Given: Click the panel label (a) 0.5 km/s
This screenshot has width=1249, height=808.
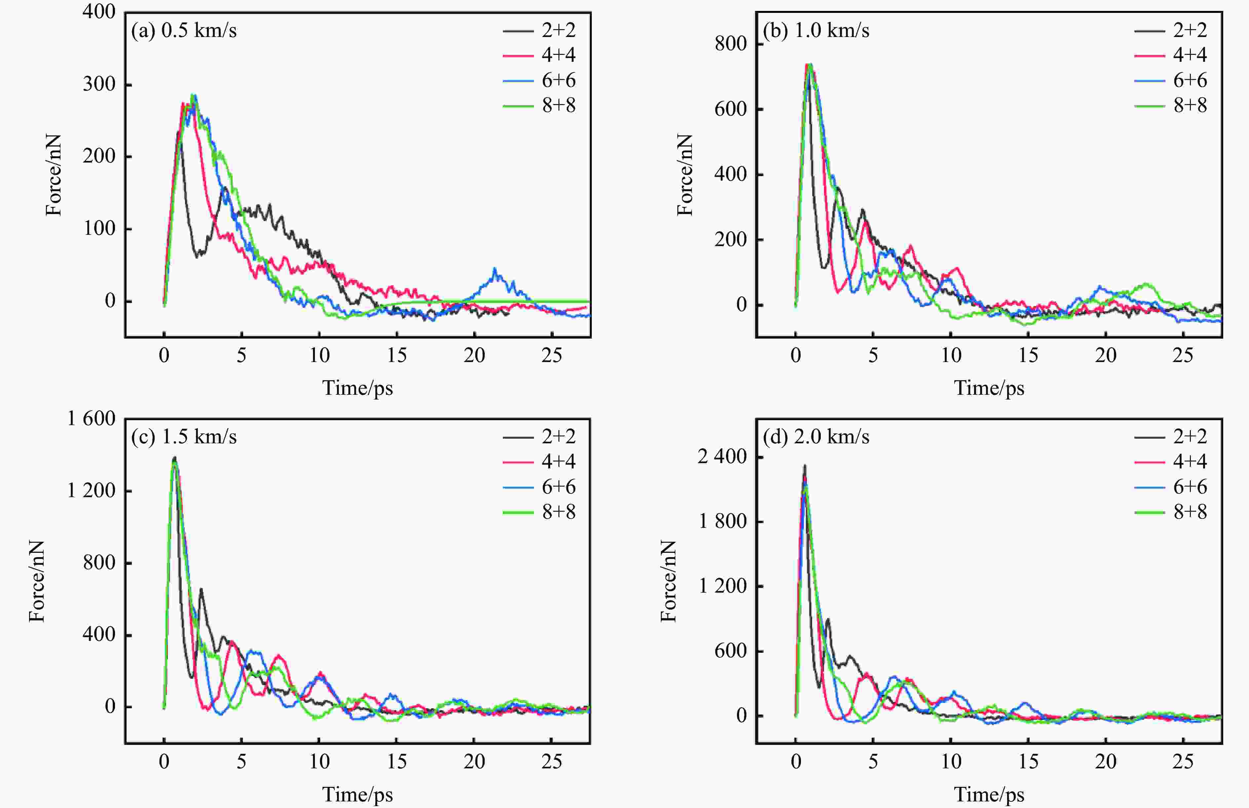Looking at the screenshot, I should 184,30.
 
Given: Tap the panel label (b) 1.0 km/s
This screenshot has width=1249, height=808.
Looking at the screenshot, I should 816,30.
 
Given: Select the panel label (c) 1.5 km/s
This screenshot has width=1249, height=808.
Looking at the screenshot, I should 184,436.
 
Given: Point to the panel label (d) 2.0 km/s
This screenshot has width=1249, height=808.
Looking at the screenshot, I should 816,436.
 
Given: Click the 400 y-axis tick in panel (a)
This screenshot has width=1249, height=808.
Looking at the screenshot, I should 99,12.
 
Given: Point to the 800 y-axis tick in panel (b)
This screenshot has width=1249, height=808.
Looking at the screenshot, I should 731,44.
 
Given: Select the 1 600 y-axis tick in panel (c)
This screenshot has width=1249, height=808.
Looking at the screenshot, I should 91,419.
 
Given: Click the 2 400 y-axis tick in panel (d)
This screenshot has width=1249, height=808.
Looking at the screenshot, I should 722,457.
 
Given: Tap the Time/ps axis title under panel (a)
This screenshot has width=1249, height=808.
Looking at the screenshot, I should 358,388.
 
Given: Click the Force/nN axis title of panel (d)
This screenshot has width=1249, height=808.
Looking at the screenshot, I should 668,581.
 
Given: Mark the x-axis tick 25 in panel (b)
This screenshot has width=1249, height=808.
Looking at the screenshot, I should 1183,356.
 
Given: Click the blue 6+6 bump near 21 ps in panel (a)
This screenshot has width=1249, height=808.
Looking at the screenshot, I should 495,272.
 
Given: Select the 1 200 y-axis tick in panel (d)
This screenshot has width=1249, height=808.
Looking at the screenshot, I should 722,586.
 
